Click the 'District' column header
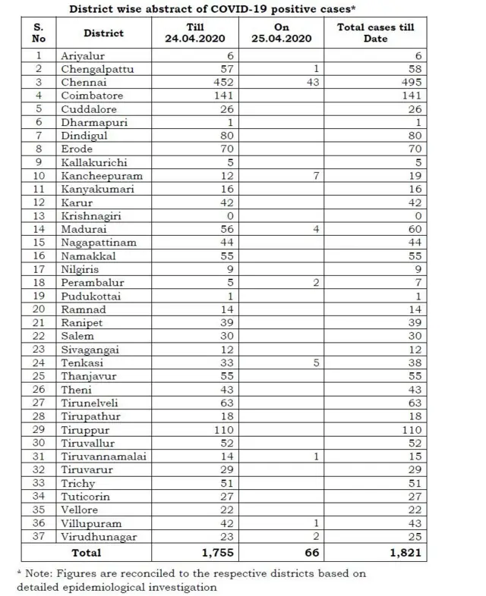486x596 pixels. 104,34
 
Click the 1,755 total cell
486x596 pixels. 216,553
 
